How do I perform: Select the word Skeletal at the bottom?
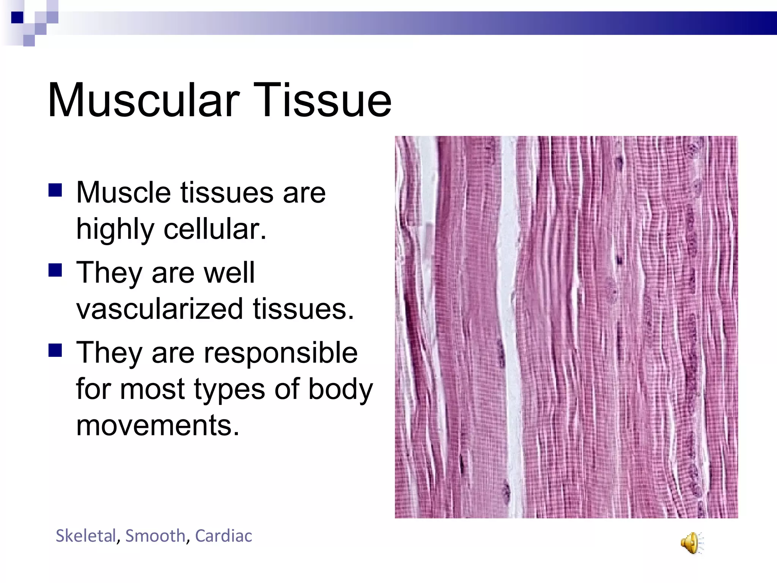[85, 536]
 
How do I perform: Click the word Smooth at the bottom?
[155, 536]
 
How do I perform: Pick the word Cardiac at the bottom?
[223, 536]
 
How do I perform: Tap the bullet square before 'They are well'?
[55, 270]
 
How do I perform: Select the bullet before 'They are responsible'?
[55, 350]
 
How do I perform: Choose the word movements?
[157, 425]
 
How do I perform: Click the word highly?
[115, 230]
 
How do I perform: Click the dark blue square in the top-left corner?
[17, 17]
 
